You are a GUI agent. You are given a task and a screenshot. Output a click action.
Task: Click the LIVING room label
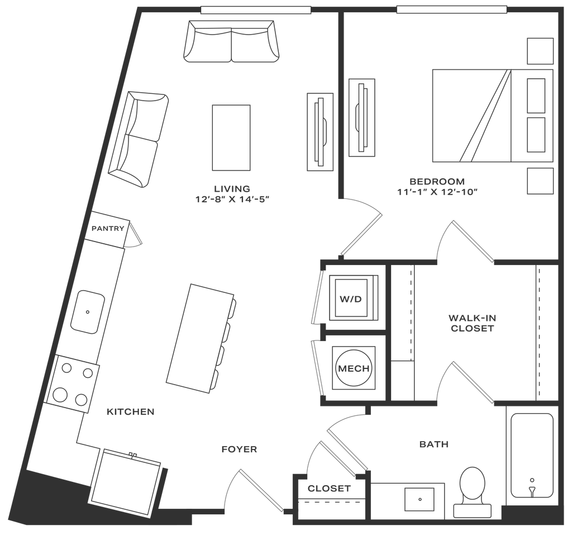tap(232, 188)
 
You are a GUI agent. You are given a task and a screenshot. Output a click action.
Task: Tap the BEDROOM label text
tap(437, 181)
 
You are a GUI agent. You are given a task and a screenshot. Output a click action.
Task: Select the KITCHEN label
tap(131, 412)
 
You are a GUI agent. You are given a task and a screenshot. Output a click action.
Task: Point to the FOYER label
tap(239, 449)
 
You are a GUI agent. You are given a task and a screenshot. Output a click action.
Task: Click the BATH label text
tap(434, 445)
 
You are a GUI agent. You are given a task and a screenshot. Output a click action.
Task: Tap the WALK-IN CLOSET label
tap(471, 323)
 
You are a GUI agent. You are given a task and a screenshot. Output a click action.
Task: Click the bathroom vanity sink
tap(421, 497)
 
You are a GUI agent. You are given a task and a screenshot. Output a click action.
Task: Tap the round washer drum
tap(352, 368)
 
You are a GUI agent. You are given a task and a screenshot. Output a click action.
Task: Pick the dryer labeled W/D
tap(352, 299)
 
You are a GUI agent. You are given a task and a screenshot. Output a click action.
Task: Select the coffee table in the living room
tap(230, 137)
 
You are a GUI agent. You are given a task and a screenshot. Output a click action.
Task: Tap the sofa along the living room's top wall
tap(231, 42)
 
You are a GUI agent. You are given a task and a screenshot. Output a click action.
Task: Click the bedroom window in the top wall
tap(451, 10)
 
